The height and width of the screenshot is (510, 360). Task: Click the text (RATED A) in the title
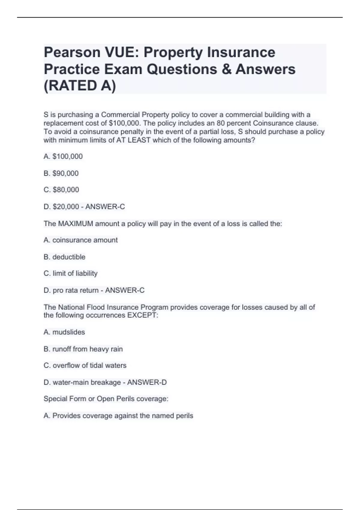click(x=79, y=86)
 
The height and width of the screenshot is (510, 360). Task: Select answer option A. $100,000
click(x=63, y=157)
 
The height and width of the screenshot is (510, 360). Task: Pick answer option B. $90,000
click(x=61, y=173)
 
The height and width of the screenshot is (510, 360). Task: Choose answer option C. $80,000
click(x=61, y=190)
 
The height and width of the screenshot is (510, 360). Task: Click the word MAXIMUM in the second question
click(x=76, y=224)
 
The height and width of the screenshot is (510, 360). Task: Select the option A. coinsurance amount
click(x=80, y=240)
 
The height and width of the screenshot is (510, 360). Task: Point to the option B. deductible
click(x=64, y=257)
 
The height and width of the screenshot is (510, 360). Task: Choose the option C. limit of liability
click(x=70, y=274)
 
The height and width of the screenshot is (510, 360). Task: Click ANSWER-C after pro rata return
click(x=125, y=290)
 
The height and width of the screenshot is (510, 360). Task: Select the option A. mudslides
click(x=64, y=332)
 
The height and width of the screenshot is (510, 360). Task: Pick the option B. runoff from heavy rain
click(x=83, y=349)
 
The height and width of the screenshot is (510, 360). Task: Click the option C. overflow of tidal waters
click(x=85, y=365)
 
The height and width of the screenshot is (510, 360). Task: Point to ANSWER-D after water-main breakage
click(x=147, y=382)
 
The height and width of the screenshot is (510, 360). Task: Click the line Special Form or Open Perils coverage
click(x=106, y=399)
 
